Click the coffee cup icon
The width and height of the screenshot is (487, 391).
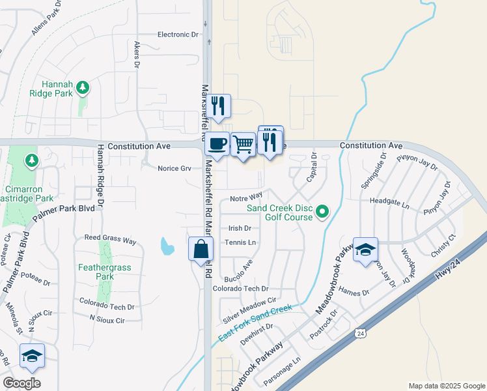click(x=217, y=143)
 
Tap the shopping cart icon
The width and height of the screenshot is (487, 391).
click(x=243, y=143)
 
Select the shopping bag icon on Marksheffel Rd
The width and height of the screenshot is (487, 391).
click(x=201, y=248)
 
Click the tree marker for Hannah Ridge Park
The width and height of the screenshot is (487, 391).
click(x=82, y=87)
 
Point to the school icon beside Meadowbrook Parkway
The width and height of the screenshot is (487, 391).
click(x=365, y=249)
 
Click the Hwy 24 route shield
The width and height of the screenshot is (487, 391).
click(x=360, y=333)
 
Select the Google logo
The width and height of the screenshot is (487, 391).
click(x=21, y=383)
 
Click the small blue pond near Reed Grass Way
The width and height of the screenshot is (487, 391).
click(x=167, y=246)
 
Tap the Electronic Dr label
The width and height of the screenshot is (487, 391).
click(x=178, y=35)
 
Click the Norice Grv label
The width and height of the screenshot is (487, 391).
click(x=174, y=168)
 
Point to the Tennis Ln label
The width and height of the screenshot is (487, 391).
click(x=240, y=242)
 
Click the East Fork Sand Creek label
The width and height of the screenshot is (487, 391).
click(x=255, y=323)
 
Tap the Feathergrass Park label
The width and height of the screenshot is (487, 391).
click(x=96, y=272)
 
